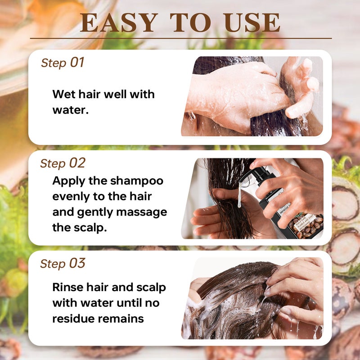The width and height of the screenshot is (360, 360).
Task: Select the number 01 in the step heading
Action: [77, 62]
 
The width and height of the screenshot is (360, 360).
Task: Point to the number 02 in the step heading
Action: [77, 163]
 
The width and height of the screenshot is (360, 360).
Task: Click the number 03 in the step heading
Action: [77, 263]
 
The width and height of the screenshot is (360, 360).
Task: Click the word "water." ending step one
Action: [71, 110]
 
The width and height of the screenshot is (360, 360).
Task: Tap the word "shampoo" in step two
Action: [137, 181]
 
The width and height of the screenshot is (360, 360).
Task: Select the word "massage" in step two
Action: [142, 212]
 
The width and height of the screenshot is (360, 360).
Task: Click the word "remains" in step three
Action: [121, 319]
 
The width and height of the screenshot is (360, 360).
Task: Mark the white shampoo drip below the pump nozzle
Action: [240, 195]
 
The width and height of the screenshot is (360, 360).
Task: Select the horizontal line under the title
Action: [181, 38]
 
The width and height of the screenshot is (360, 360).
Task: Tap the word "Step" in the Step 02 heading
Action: [53, 164]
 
